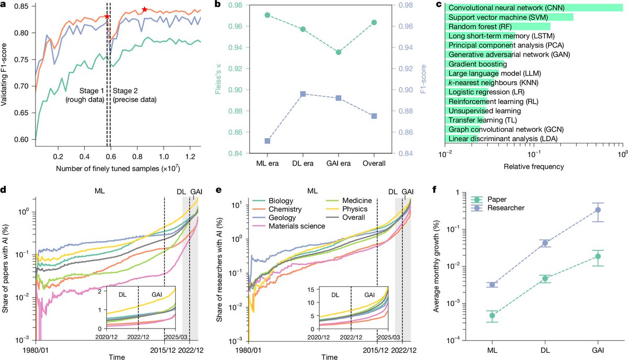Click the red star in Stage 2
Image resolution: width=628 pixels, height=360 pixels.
(144, 10)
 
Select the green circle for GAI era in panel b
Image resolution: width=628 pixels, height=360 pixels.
(339, 52)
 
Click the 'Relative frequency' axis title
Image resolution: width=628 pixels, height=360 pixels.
(534, 168)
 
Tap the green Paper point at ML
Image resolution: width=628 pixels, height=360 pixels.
(492, 316)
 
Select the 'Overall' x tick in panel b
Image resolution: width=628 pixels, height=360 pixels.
(374, 163)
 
